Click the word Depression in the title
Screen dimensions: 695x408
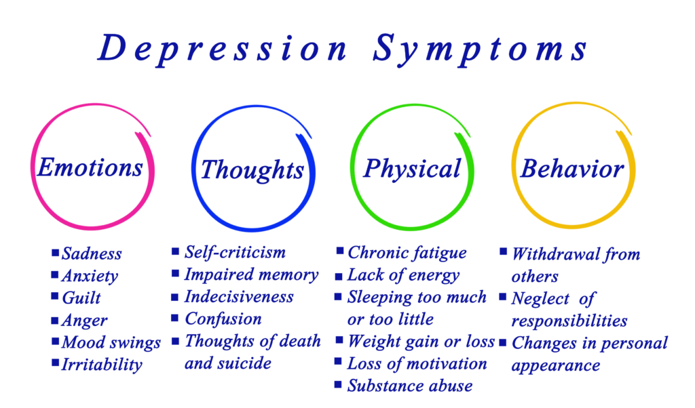[223, 49]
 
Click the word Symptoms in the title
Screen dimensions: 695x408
[480, 49]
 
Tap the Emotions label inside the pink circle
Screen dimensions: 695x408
[90, 167]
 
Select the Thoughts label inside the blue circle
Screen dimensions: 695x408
[252, 170]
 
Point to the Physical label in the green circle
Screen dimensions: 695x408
[412, 169]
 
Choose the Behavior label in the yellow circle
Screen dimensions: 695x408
[571, 169]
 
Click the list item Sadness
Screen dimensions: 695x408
[92, 253]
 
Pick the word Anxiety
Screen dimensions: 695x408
[90, 276]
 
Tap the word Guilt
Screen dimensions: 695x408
[81, 298]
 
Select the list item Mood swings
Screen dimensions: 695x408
[111, 343]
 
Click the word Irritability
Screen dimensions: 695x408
[102, 365]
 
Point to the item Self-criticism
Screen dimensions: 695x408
[235, 252]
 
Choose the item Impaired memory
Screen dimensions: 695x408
[251, 274]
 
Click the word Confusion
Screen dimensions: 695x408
[223, 319]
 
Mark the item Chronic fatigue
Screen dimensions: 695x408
[407, 253]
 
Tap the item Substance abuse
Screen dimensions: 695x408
[409, 386]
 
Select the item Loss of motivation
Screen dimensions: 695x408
[417, 363]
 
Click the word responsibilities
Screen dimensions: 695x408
[569, 321]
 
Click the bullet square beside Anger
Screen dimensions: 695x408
[55, 320]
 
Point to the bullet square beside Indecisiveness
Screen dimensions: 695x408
[175, 297]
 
